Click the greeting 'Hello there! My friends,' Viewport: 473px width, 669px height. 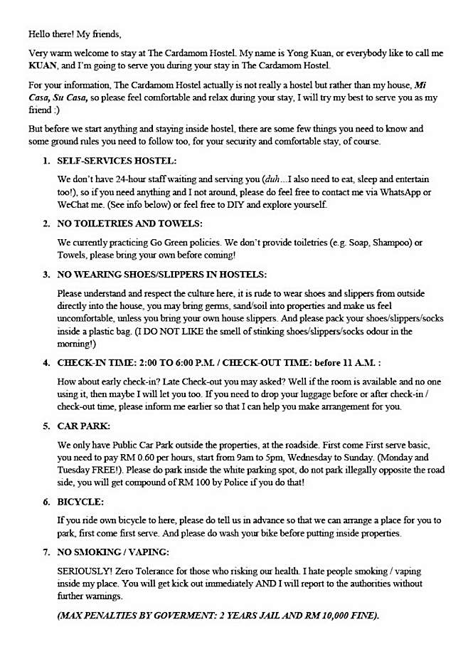click(75, 33)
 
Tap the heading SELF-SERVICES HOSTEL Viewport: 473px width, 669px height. click(117, 162)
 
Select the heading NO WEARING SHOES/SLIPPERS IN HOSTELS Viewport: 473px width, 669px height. click(162, 274)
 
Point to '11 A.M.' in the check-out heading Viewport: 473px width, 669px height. click(355, 362)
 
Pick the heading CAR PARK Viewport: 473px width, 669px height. click(84, 426)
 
